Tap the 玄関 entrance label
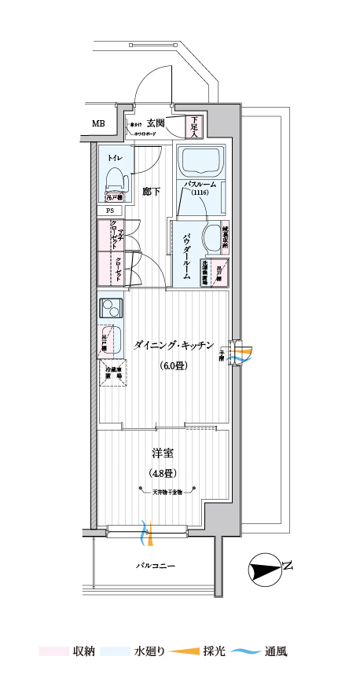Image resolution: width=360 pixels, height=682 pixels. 155,123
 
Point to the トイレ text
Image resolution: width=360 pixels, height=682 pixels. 116,158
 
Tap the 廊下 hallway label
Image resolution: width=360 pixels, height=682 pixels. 151,190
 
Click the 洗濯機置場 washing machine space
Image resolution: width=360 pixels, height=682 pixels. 204,273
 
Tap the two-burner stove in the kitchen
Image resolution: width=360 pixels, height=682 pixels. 111,310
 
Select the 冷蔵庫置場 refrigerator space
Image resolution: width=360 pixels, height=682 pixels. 113,373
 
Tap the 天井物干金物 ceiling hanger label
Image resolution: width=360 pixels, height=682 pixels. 163,492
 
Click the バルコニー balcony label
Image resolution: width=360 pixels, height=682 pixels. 155,565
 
